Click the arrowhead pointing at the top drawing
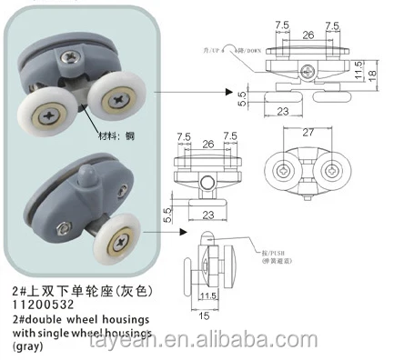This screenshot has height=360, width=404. coord(225,90)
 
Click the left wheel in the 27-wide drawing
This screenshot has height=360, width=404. coord(283,169)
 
